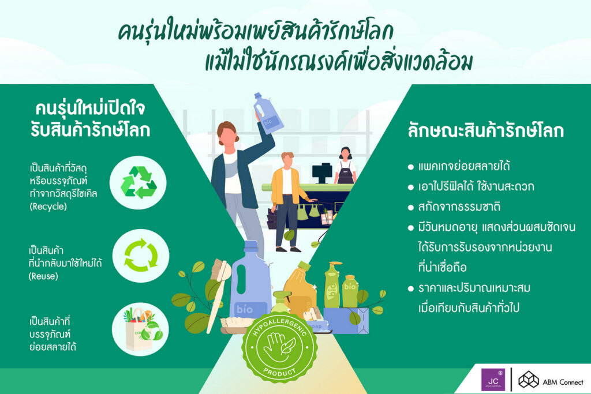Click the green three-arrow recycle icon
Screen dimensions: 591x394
139,182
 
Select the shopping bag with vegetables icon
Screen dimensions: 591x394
141,328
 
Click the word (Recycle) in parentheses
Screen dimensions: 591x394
48,207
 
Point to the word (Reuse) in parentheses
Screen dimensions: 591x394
43,276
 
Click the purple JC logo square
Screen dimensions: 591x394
493,380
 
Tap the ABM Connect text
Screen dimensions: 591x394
563,382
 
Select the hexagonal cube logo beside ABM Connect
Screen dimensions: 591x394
529,380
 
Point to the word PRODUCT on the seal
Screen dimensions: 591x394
279,373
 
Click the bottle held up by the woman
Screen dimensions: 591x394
268,113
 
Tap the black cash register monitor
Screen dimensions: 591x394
322,173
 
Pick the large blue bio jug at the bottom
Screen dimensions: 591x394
250,280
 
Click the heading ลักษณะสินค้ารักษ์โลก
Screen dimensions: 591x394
485,130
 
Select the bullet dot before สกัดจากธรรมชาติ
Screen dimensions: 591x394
410,208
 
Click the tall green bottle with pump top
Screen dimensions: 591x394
333,285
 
